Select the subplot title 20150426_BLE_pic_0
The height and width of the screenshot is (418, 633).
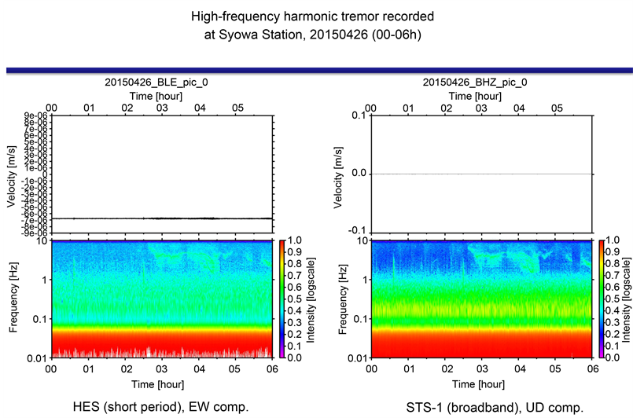coord(161,82)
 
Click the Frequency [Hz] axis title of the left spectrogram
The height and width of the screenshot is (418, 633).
coord(13,299)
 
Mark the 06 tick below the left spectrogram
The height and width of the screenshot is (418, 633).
coord(271,368)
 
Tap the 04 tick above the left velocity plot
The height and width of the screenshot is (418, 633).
coord(199,108)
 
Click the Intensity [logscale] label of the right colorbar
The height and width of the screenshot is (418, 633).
coord(627,299)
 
